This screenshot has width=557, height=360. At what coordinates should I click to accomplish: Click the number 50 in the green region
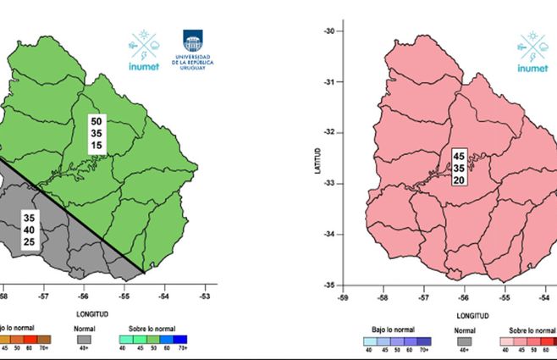97,122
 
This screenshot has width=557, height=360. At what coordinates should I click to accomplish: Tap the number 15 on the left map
97,146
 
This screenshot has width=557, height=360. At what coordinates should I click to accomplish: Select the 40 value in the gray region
30,230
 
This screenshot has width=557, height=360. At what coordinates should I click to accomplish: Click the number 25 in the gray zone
30,242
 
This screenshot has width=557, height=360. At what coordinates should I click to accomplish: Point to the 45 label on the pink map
459,156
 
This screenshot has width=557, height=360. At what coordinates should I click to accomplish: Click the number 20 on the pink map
459,180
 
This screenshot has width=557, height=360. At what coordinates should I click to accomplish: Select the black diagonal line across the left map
76,216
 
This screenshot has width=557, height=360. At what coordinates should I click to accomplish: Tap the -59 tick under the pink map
343,297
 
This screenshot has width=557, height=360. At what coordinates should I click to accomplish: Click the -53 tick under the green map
205,297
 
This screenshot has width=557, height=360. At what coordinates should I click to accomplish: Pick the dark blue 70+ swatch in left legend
181,338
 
